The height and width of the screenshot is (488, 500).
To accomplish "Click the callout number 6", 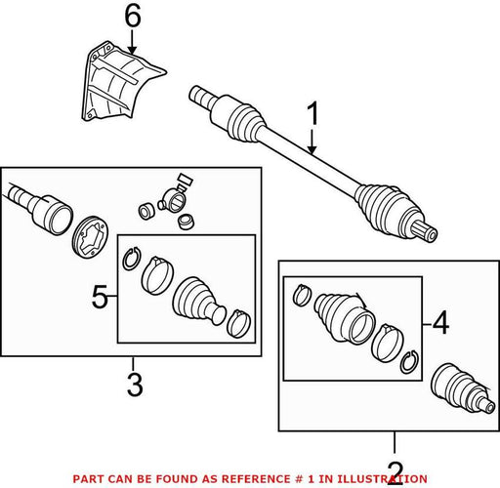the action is coord(133,17).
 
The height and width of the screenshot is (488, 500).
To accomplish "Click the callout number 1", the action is coord(312,113).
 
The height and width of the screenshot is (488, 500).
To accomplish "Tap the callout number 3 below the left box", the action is coord(135,385).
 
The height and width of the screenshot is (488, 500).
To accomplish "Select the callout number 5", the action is coord(100,297).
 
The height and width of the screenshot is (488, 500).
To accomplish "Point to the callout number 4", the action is coord(441,323).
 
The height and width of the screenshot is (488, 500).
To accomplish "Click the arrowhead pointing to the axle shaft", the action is coord(312,149).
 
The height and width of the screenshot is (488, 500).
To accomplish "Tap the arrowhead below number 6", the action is coord(132,50).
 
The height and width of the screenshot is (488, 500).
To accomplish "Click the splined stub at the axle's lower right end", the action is coord(427,231).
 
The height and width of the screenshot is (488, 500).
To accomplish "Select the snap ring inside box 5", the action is coord(132,259).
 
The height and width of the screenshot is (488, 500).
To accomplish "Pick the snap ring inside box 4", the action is coord(409,362).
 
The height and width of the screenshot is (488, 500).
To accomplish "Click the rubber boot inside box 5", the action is coord(198,301).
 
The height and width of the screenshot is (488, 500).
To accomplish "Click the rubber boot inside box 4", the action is coord(345,317).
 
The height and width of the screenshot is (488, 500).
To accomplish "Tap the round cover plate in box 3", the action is coord(90,236).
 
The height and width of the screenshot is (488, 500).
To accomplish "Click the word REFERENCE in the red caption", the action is coord(255,479).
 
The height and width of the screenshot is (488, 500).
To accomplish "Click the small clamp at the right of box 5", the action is coord(239,323).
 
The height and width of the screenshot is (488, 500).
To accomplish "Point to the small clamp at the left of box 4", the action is coord(302,295).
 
